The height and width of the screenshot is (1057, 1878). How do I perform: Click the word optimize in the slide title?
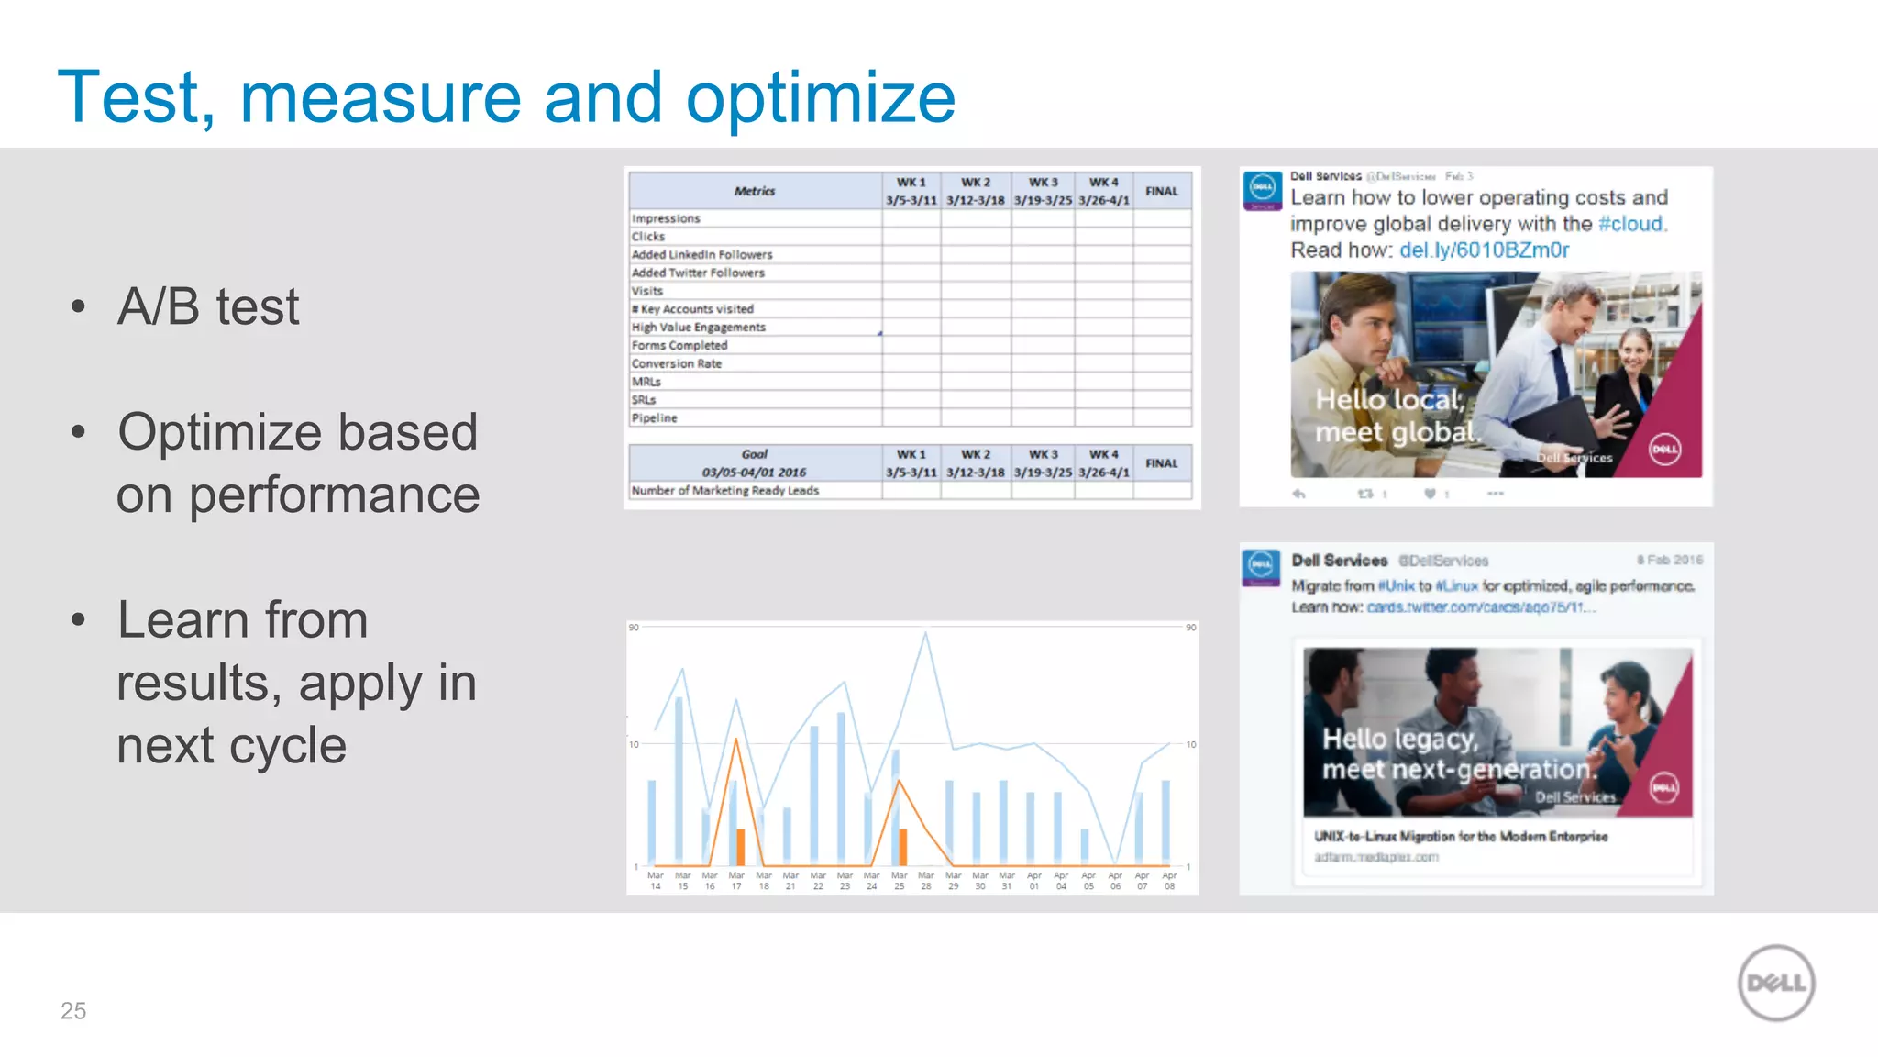click(x=820, y=99)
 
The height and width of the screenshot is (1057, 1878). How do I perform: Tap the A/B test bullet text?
click(x=207, y=306)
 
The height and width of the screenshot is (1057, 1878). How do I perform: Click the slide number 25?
click(x=73, y=1011)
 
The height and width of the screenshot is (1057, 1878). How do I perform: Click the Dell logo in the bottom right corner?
click(x=1776, y=983)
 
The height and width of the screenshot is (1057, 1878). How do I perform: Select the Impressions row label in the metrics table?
click(x=666, y=218)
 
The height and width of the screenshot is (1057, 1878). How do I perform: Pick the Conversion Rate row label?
click(x=677, y=363)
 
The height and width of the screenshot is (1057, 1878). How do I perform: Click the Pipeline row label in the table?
click(x=655, y=417)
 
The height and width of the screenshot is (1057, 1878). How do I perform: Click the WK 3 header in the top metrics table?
click(x=1043, y=183)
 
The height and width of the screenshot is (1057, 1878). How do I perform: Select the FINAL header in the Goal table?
click(x=1161, y=463)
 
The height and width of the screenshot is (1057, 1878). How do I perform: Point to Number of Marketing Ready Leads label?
click(x=724, y=491)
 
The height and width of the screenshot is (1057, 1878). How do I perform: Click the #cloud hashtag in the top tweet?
click(x=1631, y=224)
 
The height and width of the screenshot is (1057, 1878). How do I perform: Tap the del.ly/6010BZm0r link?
click(x=1484, y=250)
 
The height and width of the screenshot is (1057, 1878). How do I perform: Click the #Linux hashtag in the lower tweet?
click(x=1456, y=585)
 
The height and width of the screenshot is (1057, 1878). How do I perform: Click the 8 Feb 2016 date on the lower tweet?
click(x=1669, y=560)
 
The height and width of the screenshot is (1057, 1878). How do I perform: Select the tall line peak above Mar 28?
click(x=926, y=633)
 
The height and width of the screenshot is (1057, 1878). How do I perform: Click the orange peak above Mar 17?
click(x=735, y=740)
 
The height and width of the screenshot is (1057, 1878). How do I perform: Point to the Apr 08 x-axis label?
click(x=1169, y=881)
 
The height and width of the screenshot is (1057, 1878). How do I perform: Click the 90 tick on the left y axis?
click(x=634, y=628)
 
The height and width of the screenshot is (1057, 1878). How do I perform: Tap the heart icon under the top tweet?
click(x=1430, y=494)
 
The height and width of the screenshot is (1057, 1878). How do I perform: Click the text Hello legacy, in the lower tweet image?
click(x=1399, y=739)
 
